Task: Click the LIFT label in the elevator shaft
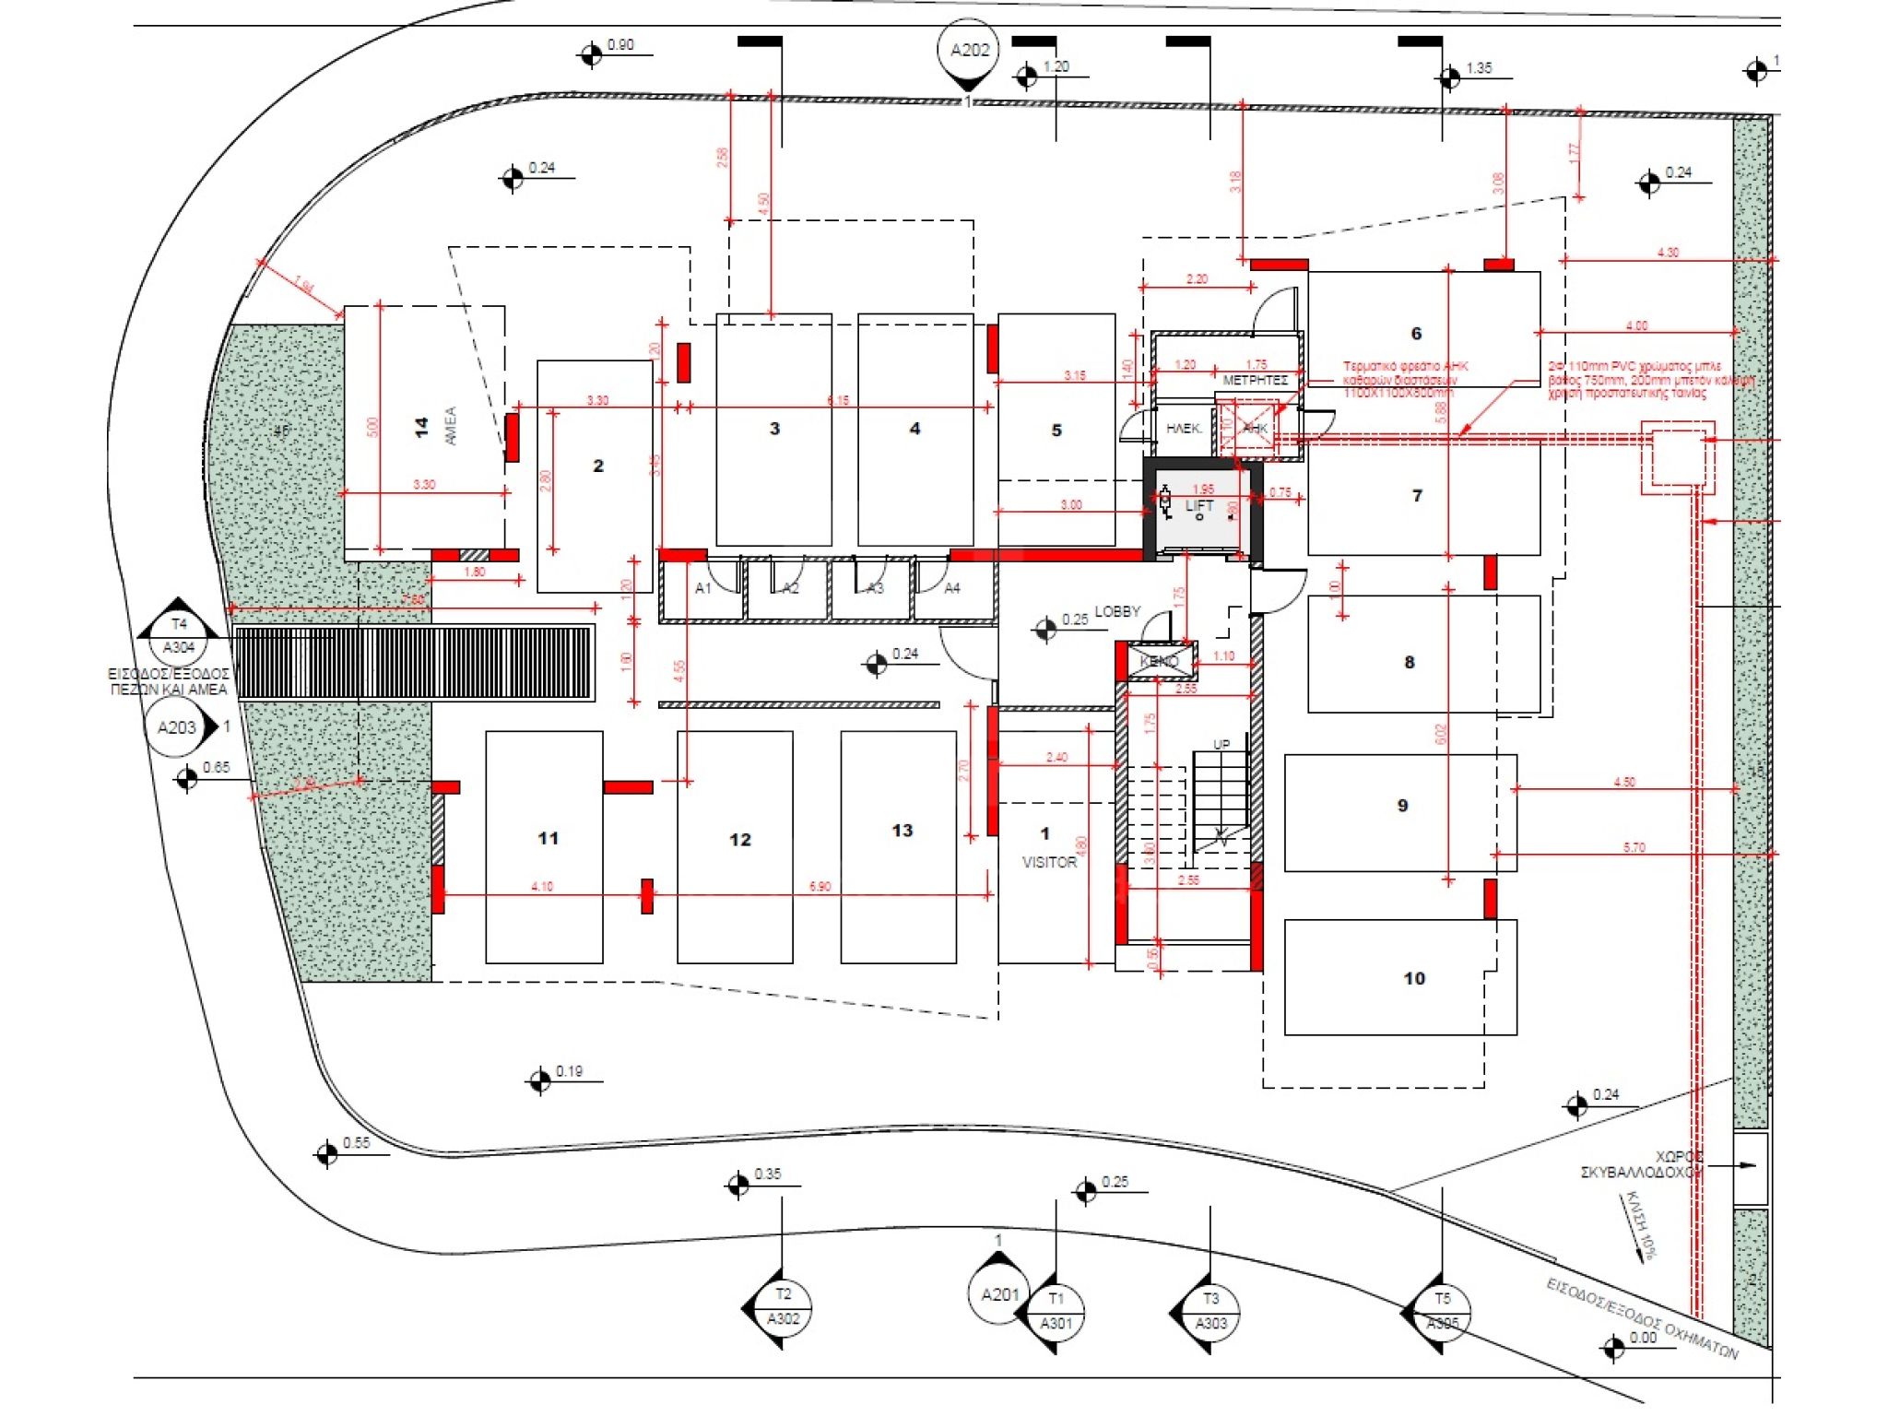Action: (x=1199, y=505)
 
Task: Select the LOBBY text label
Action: (x=1117, y=611)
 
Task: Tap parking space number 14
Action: (x=421, y=427)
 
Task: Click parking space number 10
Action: (x=1414, y=978)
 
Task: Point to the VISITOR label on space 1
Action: (x=1049, y=862)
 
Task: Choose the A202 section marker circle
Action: (x=969, y=51)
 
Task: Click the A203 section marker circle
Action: (x=176, y=728)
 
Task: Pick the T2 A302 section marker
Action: (x=783, y=1306)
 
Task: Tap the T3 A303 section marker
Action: (x=1210, y=1311)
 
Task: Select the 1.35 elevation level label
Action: (x=1478, y=68)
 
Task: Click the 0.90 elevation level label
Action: (x=620, y=45)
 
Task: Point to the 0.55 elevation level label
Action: (x=356, y=1143)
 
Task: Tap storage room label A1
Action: (x=703, y=588)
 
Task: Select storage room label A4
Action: (x=952, y=588)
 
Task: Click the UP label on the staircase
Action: (x=1221, y=744)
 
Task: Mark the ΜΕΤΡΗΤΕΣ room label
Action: (x=1255, y=380)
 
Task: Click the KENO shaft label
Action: (x=1159, y=661)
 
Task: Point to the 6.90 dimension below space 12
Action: (x=820, y=887)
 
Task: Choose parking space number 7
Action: (x=1417, y=496)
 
